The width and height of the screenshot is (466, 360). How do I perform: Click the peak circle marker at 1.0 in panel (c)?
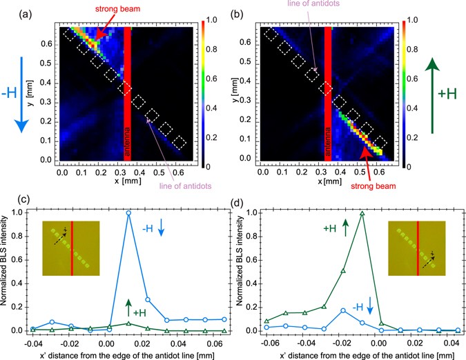click(128, 213)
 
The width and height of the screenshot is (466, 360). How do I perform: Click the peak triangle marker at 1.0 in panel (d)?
click(361, 213)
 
